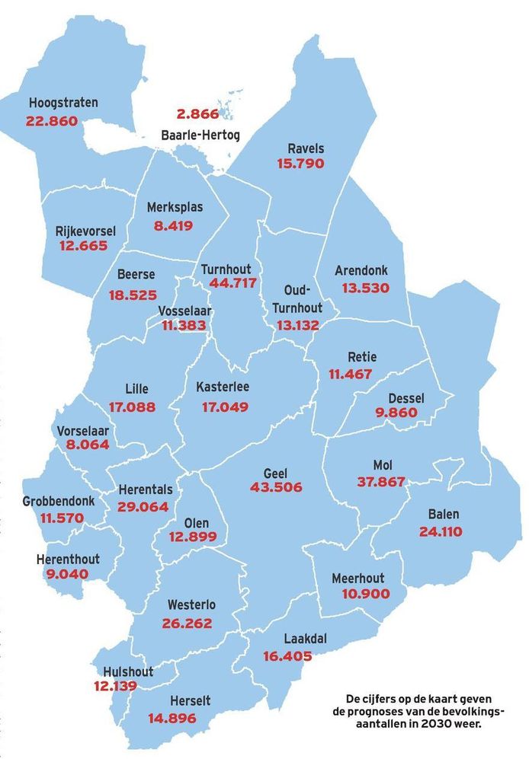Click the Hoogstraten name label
coord(63,103)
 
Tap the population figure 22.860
coord(52,120)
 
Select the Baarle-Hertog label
coord(200,136)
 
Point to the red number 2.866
coord(197,115)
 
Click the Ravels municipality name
coord(306,148)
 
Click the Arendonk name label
coord(361,270)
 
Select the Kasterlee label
coord(222,387)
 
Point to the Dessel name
coord(406,398)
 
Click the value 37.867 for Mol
coord(382,481)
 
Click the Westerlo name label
coord(191,605)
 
